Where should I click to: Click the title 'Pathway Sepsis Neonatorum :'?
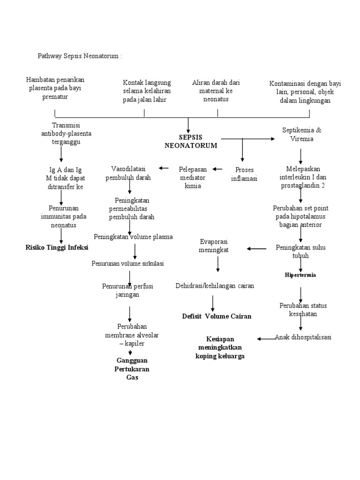tap(80, 56)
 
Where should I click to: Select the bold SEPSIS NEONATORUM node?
tap(191, 141)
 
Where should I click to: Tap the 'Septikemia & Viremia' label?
tap(302, 134)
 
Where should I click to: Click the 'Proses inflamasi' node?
tap(244, 173)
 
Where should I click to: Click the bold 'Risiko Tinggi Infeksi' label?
tap(57, 247)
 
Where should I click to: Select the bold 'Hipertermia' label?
tap(300, 275)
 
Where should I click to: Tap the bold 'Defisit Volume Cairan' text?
tap(217, 316)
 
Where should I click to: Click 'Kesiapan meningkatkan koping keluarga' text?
tap(220, 347)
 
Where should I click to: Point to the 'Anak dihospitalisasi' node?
tap(303, 337)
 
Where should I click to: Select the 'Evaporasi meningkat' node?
tap(214, 246)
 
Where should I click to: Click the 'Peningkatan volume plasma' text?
tap(133, 237)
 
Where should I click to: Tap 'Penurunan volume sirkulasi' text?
tap(127, 263)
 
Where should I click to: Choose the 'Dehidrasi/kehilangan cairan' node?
tap(215, 285)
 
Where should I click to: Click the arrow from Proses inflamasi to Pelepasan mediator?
tap(218, 169)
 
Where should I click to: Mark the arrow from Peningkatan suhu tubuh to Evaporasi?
tap(256, 248)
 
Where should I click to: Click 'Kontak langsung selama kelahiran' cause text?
tap(147, 91)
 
